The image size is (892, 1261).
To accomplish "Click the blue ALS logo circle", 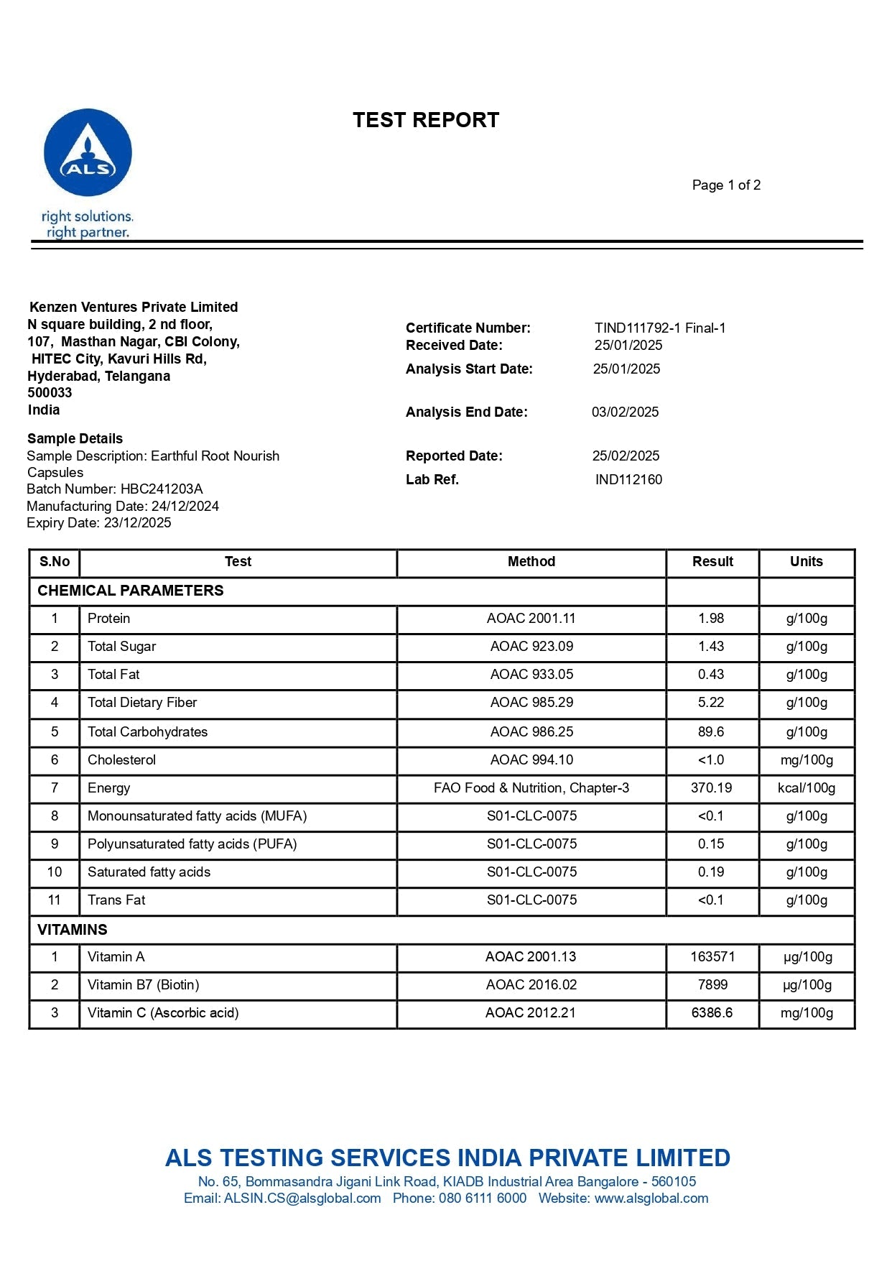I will (88, 152).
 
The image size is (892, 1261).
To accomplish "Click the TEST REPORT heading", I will (426, 120).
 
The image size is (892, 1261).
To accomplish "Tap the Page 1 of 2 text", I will (726, 185).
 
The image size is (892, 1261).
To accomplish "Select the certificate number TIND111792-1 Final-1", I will (659, 328).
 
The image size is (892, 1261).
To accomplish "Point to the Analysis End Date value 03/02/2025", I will (625, 412).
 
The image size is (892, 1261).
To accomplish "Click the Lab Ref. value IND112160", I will (628, 480).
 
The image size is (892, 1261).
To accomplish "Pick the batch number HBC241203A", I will (162, 489).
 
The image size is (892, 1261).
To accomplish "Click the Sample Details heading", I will (75, 439).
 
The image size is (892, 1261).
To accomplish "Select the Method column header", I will (531, 562).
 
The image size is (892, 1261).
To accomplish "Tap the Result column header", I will (712, 562).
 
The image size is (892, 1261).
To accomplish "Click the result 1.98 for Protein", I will (711, 619).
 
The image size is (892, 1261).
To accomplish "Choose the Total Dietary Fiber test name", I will (142, 703).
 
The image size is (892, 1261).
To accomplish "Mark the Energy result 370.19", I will (711, 788).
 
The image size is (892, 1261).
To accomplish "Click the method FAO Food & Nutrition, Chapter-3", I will (531, 788).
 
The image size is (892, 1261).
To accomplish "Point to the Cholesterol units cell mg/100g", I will (807, 760).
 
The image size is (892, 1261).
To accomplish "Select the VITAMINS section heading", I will (73, 930).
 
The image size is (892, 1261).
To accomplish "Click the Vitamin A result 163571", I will (712, 957).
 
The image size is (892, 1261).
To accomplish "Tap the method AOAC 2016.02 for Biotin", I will (531, 985).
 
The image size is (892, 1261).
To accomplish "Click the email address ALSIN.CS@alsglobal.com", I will (302, 1198).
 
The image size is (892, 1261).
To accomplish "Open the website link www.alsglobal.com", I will (651, 1198).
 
